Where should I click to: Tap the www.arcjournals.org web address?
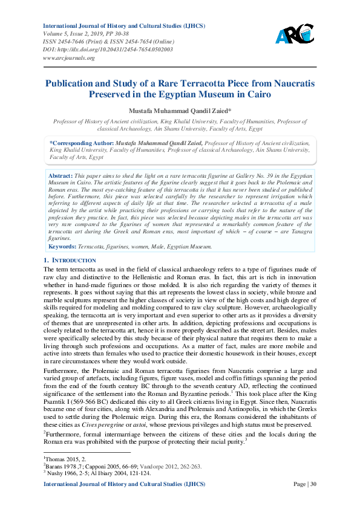(x=69, y=58)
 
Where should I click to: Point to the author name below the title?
(x=180, y=111)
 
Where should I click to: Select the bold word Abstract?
(x=61, y=175)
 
